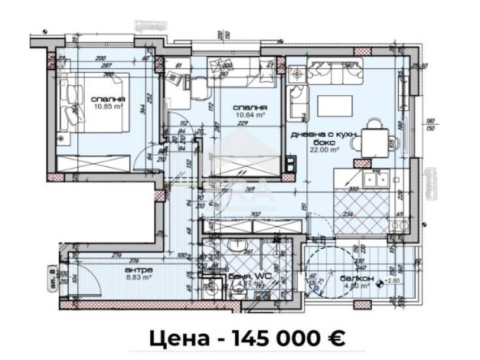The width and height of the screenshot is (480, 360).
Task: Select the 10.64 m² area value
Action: [244, 114]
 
